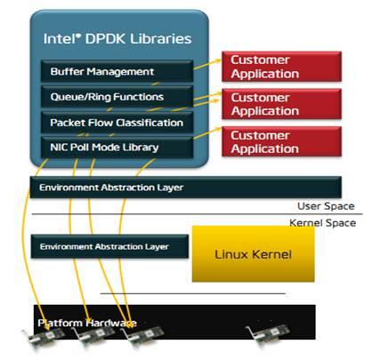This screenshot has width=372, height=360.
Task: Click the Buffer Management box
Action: (116, 71)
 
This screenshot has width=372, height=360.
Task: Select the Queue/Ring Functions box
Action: (116, 96)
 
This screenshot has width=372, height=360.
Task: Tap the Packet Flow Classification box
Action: (116, 122)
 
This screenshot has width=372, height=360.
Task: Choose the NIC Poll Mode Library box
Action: (116, 146)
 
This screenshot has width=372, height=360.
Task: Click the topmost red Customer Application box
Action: (264, 66)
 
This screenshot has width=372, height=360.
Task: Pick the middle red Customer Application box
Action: (264, 104)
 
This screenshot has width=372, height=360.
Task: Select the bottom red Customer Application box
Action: (264, 142)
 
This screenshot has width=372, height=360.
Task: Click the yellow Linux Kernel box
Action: (253, 254)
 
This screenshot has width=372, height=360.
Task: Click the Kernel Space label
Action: (322, 223)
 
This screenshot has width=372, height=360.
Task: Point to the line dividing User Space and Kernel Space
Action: (178, 213)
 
